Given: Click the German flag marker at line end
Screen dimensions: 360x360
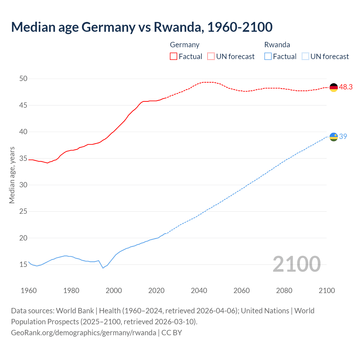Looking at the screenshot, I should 334,87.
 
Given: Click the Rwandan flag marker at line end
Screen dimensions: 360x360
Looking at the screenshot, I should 334,137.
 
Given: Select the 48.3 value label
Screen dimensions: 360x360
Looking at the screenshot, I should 346,87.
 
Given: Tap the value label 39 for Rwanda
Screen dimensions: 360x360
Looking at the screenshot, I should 343,136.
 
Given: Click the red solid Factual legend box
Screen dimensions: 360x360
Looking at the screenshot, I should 174,56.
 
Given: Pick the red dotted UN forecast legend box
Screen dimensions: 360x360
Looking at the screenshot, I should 211,56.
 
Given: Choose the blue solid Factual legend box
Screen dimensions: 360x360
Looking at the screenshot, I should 268,56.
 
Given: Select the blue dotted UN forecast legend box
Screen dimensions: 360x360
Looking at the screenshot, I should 305,56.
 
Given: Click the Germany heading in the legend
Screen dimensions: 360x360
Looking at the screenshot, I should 184,45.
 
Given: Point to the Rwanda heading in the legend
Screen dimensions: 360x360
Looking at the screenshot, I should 277,45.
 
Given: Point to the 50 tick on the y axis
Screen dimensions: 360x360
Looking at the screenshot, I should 23,78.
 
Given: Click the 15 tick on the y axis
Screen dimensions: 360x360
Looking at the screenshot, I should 23,264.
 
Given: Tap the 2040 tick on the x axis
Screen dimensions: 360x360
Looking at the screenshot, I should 199,291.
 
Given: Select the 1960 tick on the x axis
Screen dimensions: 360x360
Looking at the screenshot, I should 29,291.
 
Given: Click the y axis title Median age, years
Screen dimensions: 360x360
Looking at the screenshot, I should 12,175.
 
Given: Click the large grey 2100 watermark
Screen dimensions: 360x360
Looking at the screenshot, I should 296,264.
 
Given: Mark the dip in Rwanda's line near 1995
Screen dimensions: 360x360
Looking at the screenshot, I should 103,268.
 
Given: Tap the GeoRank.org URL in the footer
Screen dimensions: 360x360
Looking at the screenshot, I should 84,333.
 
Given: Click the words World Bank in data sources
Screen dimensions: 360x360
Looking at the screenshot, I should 75,311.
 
